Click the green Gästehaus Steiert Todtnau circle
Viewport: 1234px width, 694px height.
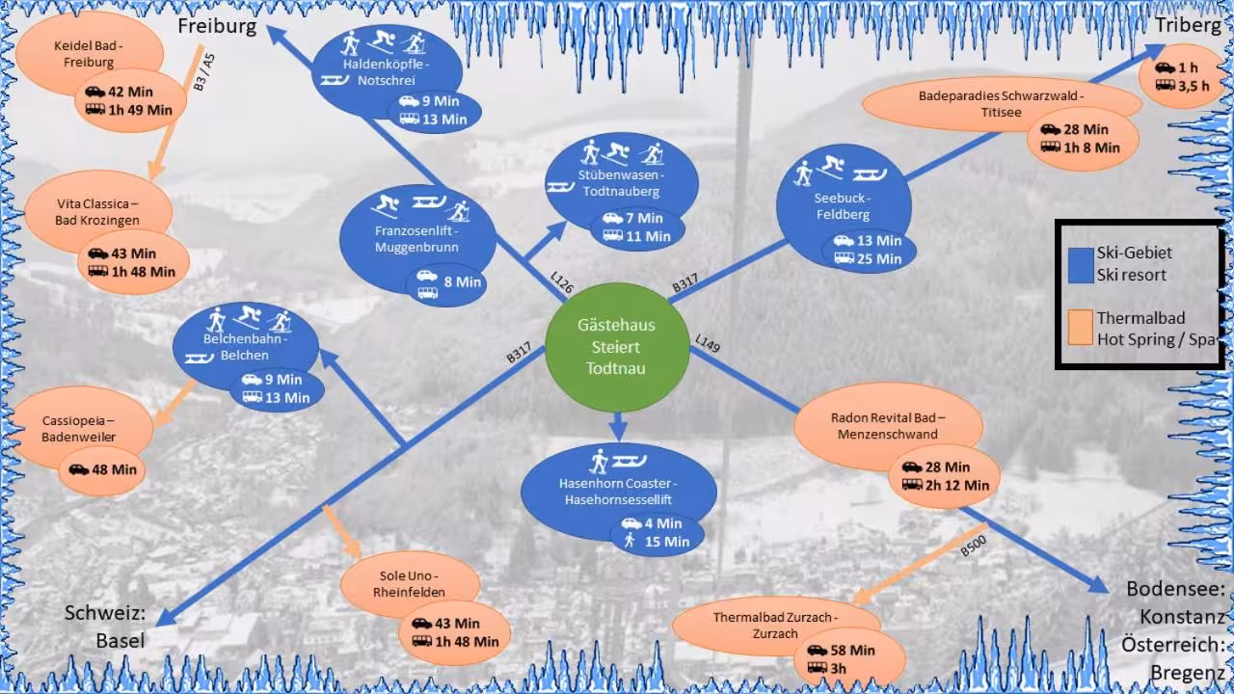click(x=617, y=347)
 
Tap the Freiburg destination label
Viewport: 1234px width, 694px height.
click(x=217, y=26)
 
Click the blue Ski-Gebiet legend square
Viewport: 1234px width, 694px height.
click(x=1081, y=265)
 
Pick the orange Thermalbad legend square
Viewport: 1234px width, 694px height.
click(x=1081, y=328)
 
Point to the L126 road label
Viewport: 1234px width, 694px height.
click(x=562, y=282)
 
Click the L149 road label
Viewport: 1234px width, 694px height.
click(x=708, y=342)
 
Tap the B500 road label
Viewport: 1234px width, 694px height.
click(x=974, y=546)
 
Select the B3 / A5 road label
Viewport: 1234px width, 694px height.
click(x=203, y=72)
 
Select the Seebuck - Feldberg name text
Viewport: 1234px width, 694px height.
click(x=843, y=206)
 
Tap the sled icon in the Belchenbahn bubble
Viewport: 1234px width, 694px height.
click(x=199, y=359)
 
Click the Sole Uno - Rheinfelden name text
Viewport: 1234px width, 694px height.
click(x=409, y=584)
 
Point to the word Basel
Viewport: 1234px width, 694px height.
click(x=121, y=641)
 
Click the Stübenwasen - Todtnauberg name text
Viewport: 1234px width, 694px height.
click(x=622, y=183)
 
